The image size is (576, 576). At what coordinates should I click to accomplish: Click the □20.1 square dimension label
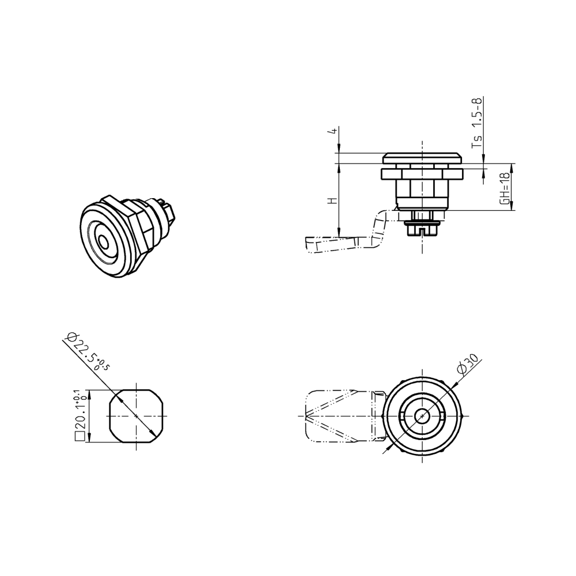click(x=79, y=414)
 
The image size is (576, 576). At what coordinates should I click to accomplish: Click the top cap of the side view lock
click(x=422, y=157)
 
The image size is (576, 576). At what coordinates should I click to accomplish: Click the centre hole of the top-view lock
click(x=423, y=415)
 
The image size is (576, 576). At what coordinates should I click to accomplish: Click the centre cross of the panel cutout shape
click(x=136, y=415)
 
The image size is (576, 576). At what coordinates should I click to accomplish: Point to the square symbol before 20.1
click(x=79, y=436)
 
